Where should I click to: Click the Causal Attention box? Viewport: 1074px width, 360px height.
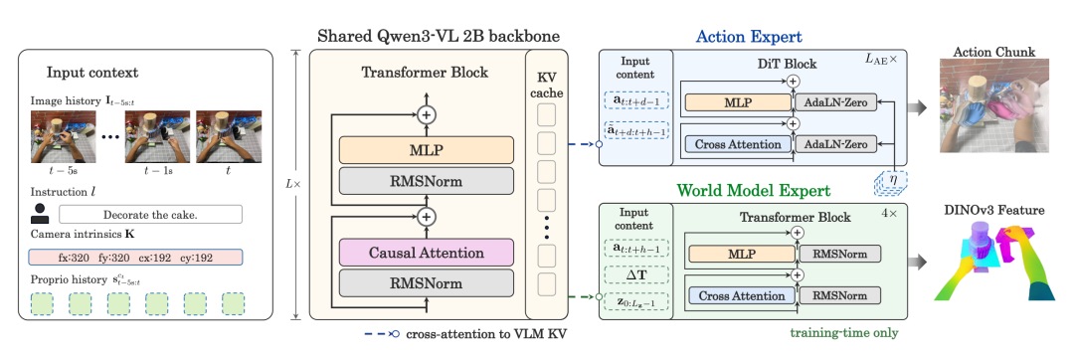click(426, 253)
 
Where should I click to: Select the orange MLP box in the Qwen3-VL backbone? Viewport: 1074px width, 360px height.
click(426, 150)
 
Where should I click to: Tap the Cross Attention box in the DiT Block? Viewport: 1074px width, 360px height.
click(738, 144)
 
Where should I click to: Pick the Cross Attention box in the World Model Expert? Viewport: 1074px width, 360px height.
click(742, 295)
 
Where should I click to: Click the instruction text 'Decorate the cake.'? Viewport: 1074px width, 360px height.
click(151, 214)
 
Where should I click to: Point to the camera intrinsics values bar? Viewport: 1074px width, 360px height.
click(135, 258)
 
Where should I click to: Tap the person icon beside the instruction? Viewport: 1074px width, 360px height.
click(40, 214)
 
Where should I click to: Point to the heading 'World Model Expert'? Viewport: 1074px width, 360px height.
click(754, 190)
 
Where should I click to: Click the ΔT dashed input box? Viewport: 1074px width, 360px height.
click(635, 274)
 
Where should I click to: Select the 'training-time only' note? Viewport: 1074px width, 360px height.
click(844, 333)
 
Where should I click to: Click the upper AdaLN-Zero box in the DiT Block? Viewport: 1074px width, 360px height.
click(835, 102)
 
